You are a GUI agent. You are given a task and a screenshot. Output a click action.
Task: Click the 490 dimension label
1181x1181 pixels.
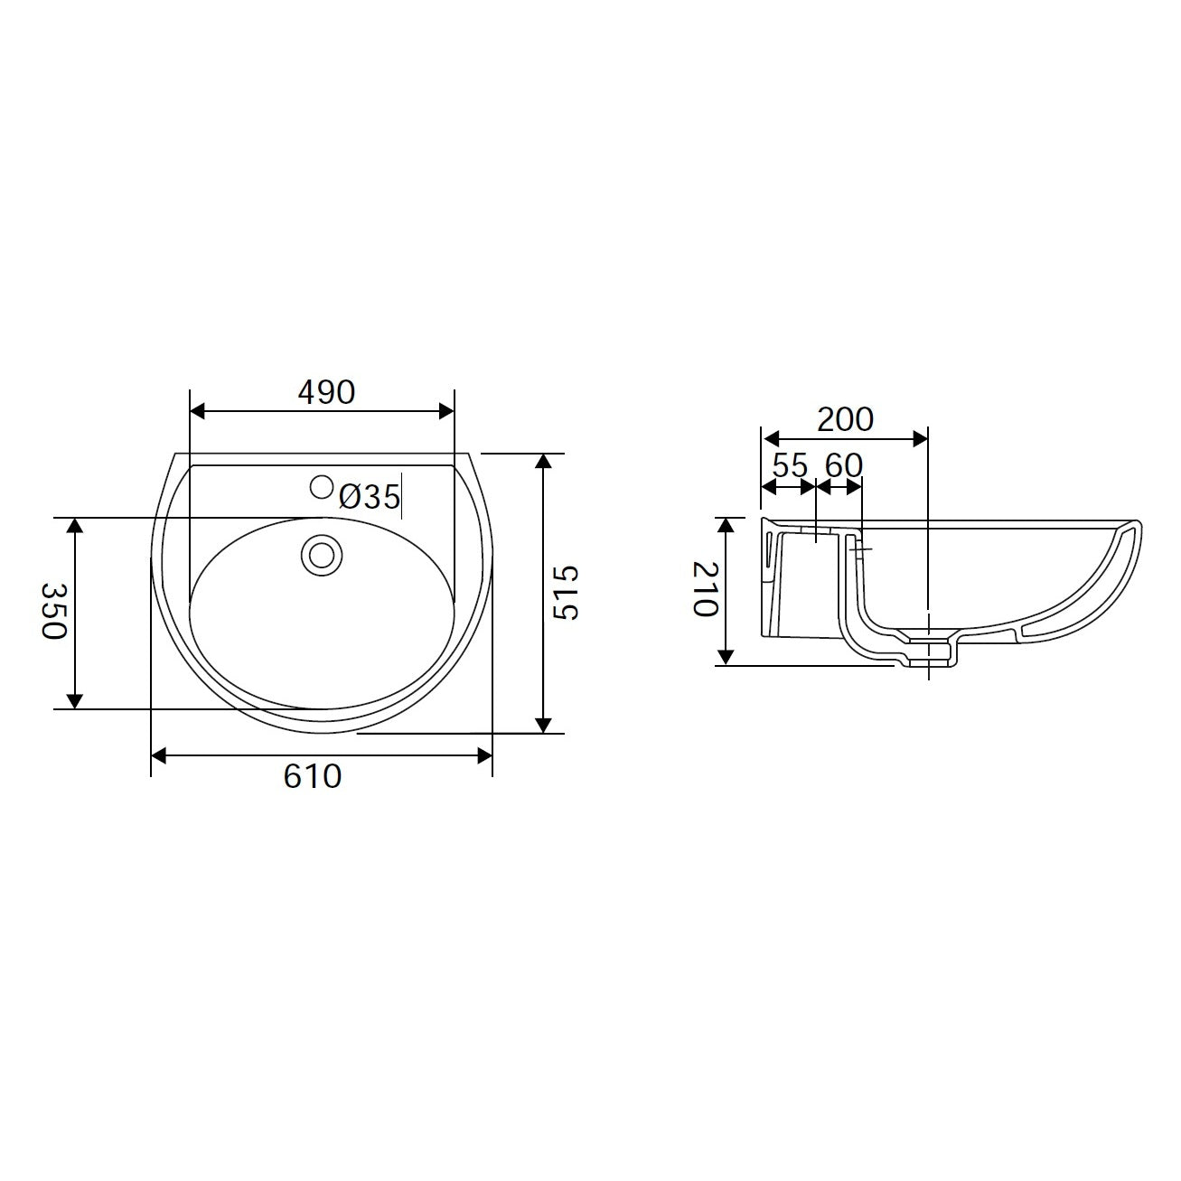pos(326,392)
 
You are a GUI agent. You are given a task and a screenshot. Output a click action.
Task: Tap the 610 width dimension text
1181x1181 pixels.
pos(312,776)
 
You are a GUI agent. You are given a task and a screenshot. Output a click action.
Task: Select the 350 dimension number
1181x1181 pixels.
pos(53,611)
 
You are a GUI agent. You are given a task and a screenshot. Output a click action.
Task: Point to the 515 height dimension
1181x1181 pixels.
pos(566,593)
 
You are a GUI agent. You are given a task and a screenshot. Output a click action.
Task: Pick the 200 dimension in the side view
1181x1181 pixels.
pos(845,420)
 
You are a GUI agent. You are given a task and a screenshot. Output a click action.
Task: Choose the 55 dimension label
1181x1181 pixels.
pos(790,466)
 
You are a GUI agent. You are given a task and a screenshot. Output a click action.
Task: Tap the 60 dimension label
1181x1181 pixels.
pos(843,466)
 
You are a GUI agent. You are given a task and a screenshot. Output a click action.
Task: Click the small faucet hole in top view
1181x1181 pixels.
pos(321,487)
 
